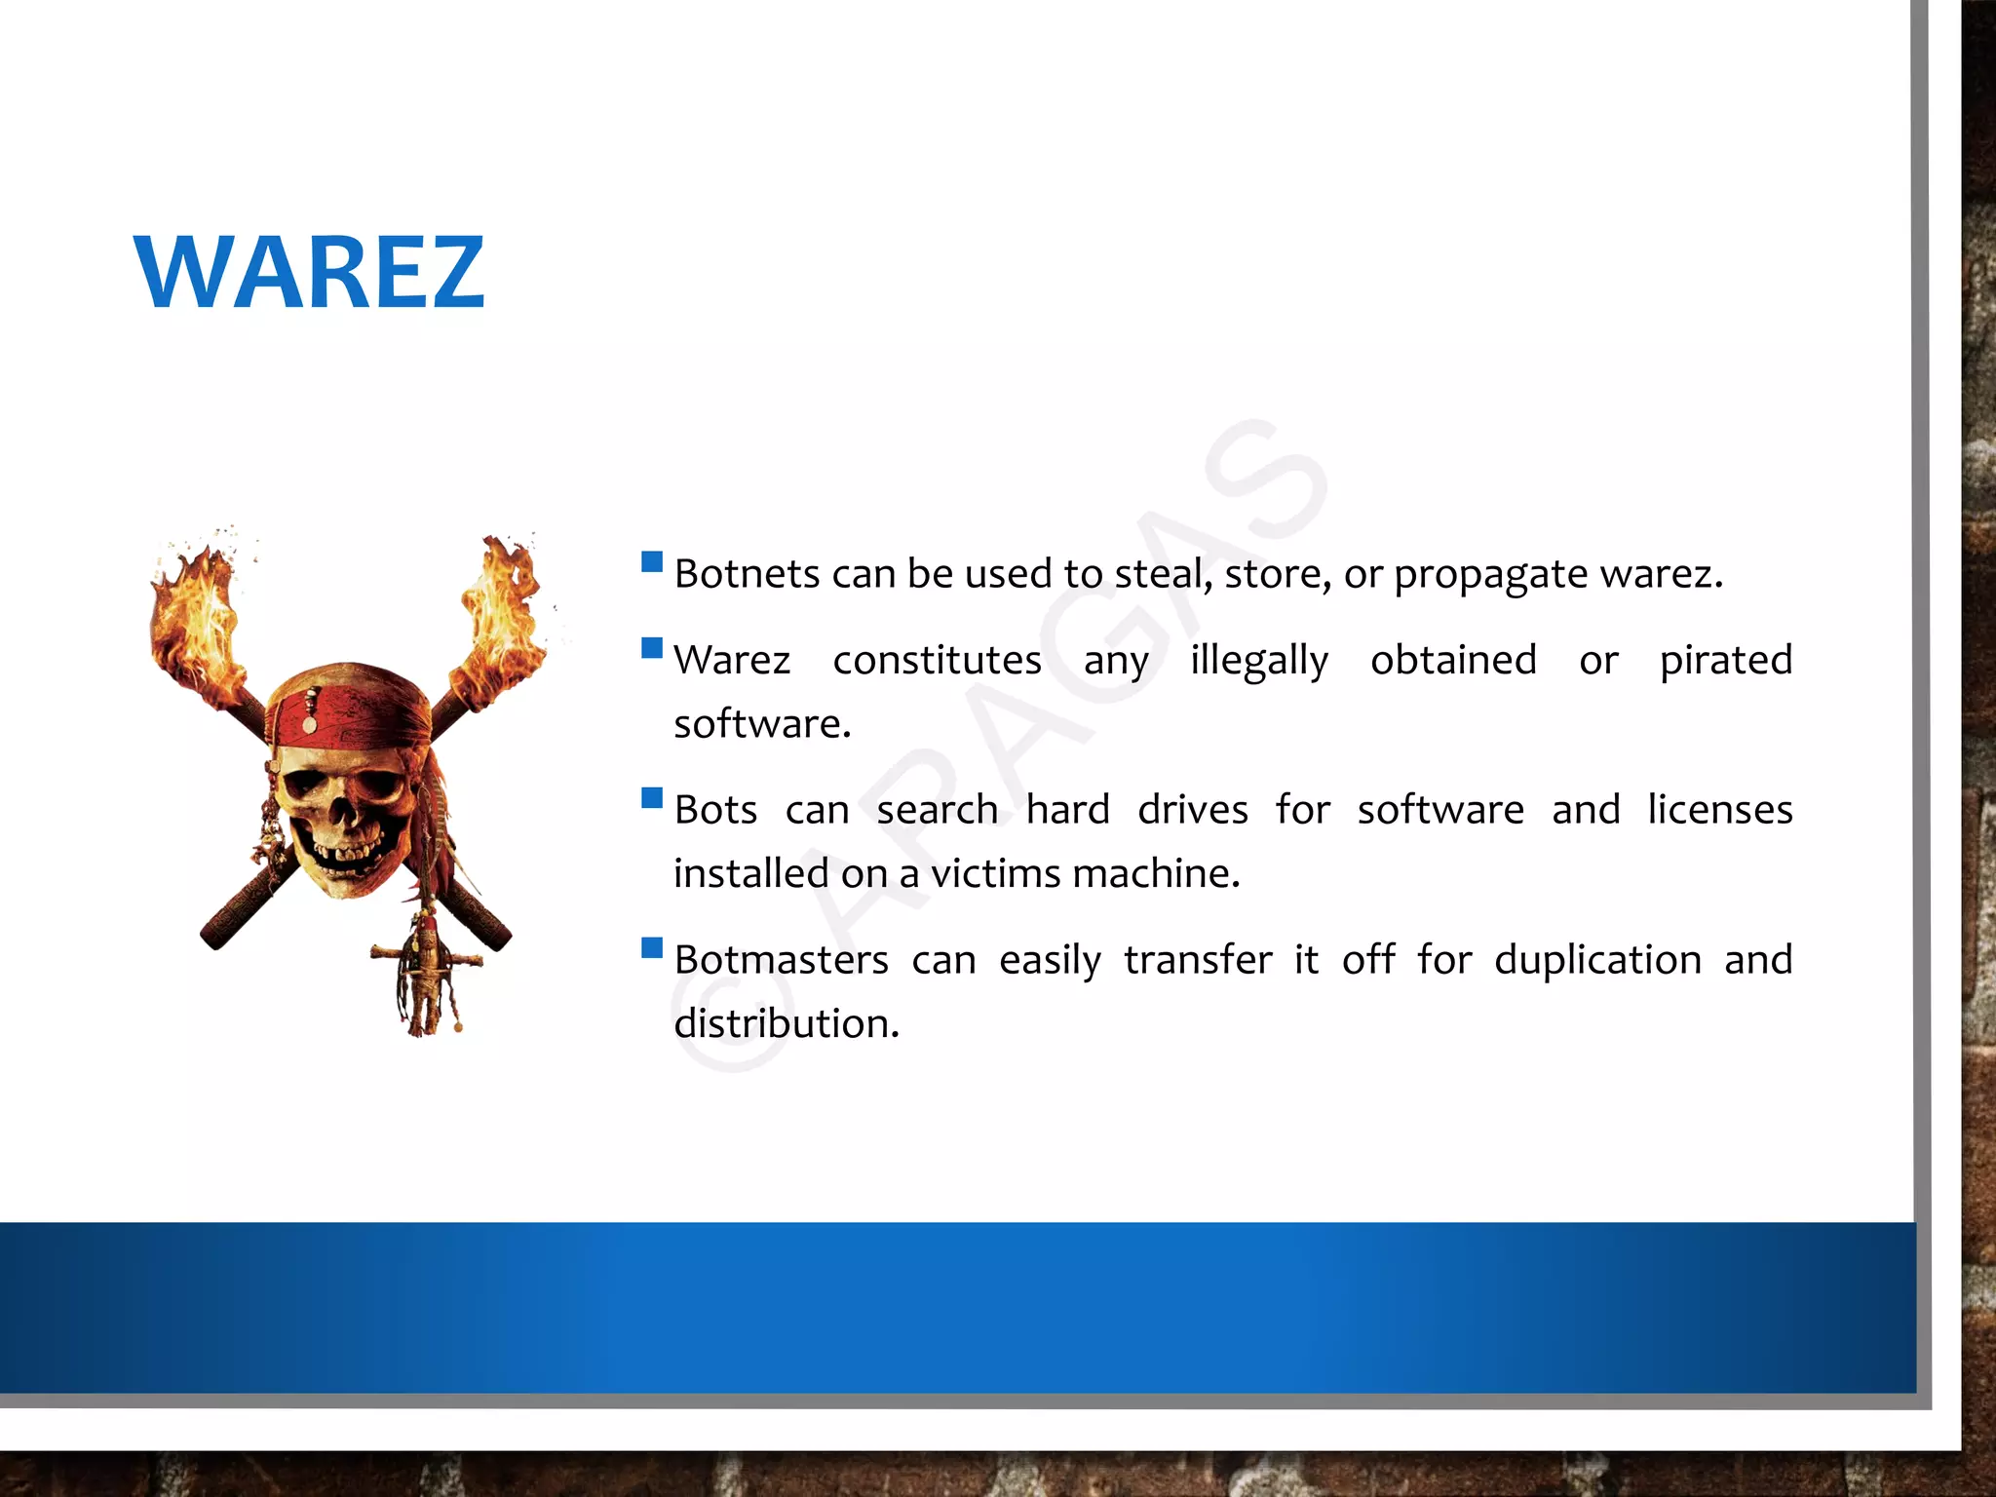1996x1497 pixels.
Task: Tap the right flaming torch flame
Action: (501, 614)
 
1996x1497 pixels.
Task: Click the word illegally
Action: (1258, 661)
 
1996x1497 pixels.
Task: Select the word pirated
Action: (1725, 660)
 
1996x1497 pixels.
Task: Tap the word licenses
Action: (1719, 810)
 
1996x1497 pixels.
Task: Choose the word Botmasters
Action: (781, 960)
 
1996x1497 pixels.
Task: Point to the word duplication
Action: (1597, 960)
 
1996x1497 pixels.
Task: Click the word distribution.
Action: (786, 1023)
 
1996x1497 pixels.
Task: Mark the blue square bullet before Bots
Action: (652, 798)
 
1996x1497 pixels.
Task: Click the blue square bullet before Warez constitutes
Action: (652, 648)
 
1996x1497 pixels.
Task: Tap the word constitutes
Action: (937, 661)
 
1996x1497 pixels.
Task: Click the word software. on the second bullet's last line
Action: (762, 724)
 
